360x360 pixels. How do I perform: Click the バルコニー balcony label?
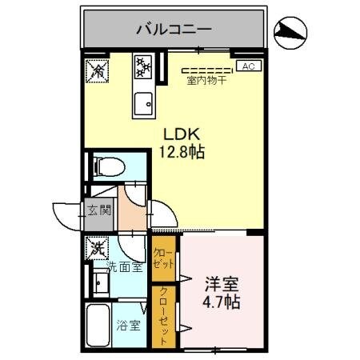174,29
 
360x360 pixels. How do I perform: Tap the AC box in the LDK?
247,66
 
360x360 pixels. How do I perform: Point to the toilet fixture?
110,168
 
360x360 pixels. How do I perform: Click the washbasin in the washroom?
102,283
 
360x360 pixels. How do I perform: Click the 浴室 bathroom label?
129,326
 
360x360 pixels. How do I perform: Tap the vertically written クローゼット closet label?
164,316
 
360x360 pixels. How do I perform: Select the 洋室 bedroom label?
219,284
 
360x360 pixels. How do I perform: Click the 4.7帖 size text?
220,302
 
